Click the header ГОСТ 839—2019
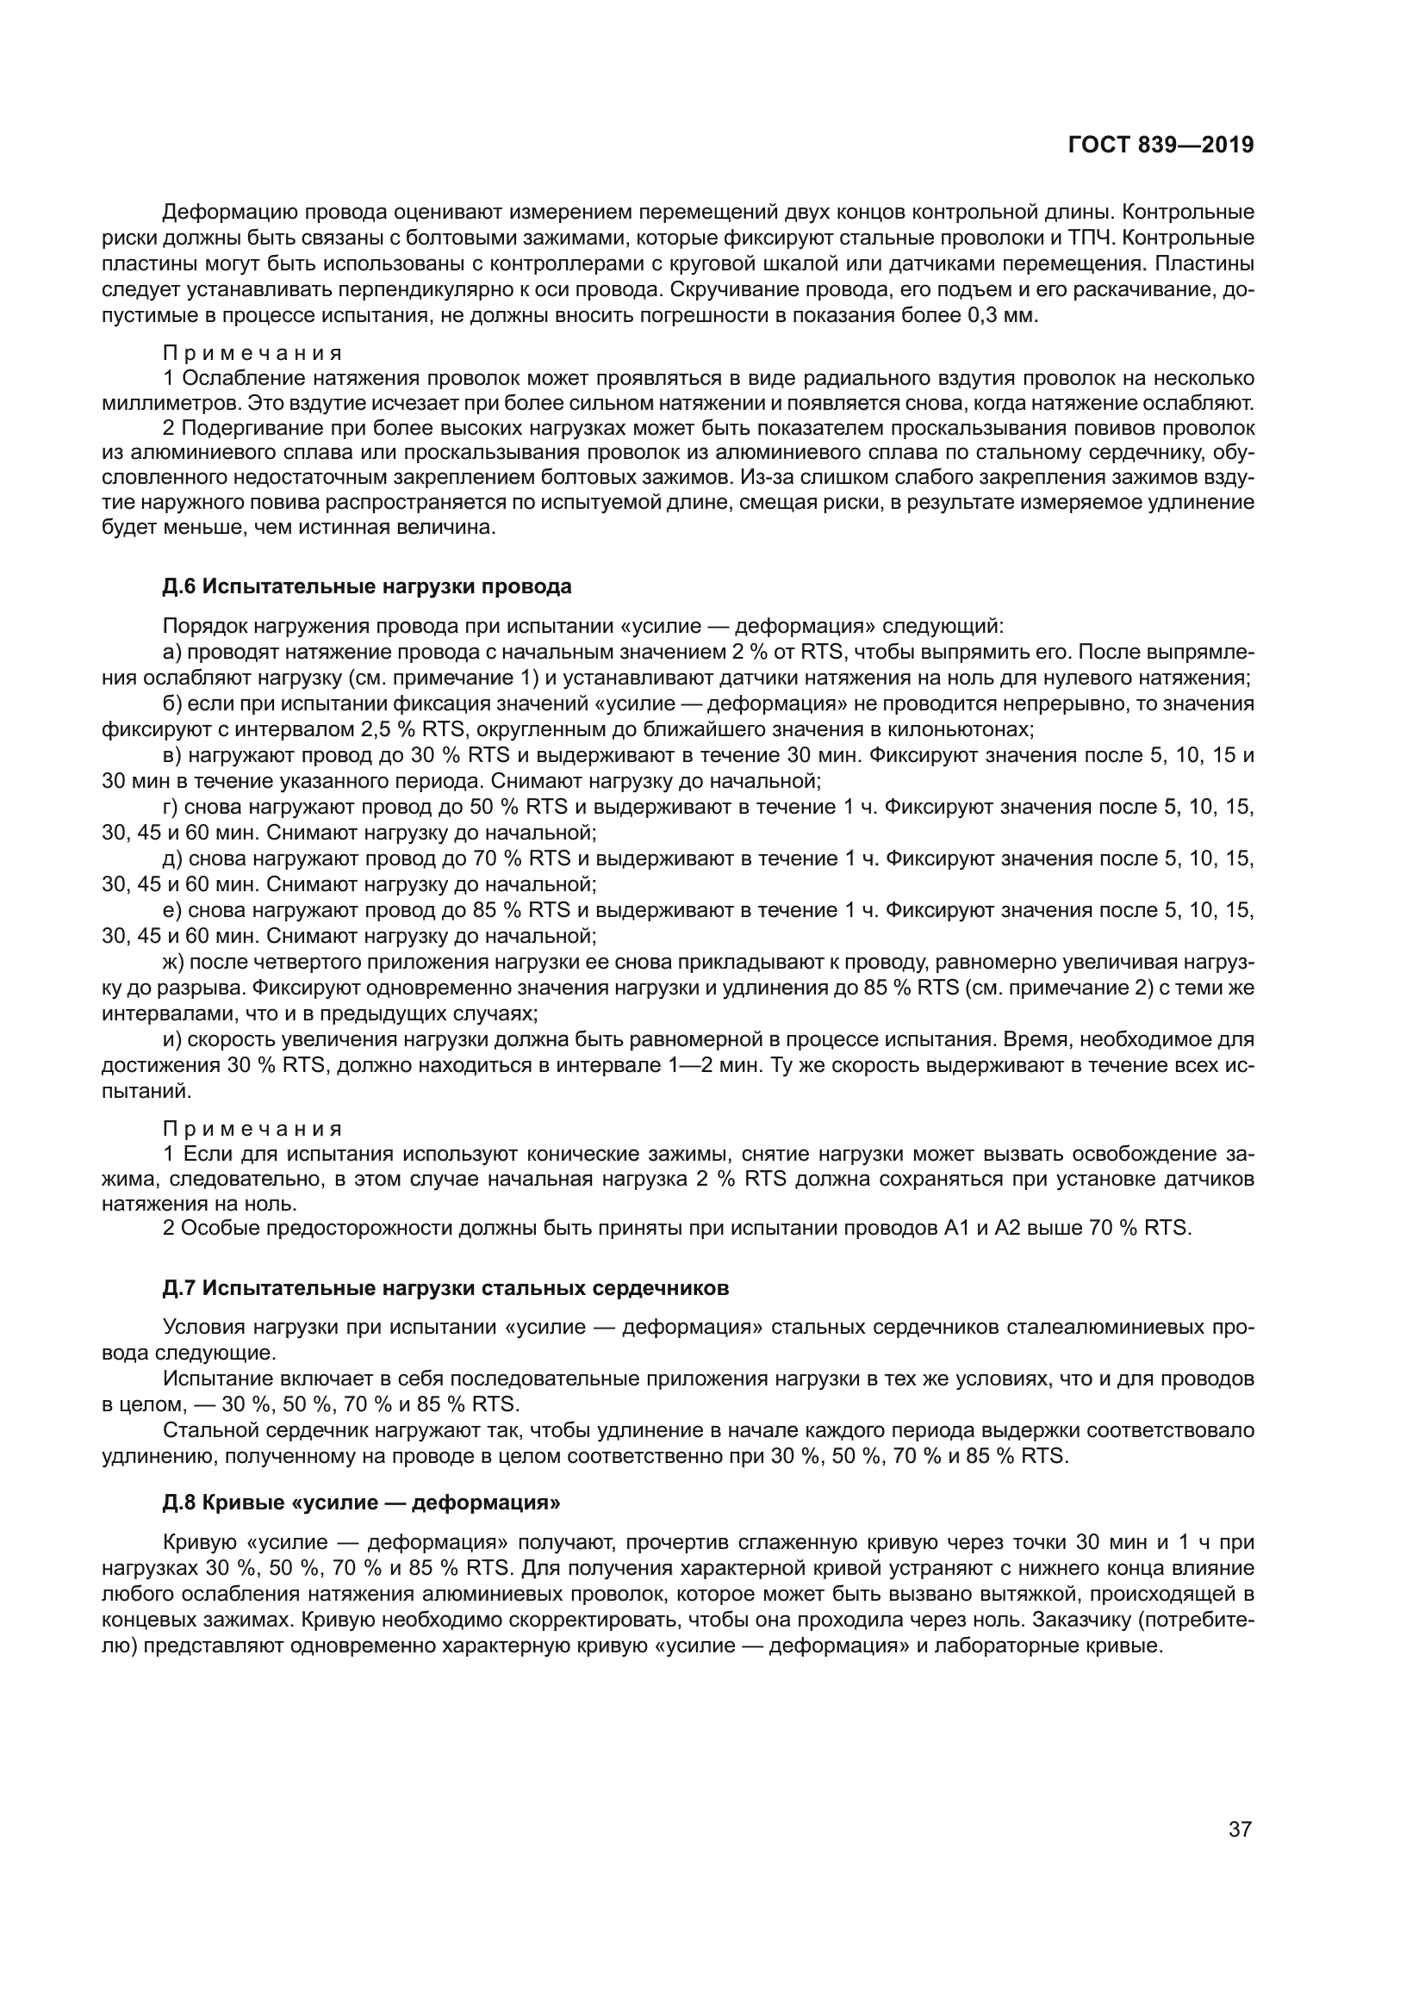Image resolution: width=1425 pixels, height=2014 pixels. (1160, 146)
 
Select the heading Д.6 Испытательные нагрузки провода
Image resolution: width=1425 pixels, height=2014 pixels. (367, 586)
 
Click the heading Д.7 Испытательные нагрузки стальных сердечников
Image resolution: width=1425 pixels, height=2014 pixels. (445, 1289)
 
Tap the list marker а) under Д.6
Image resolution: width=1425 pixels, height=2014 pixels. (172, 653)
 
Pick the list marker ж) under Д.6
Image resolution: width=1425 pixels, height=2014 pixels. (174, 963)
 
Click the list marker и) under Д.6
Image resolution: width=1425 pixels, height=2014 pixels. (172, 1040)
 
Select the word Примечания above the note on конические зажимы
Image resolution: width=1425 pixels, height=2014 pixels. (252, 1129)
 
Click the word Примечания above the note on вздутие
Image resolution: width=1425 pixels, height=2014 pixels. (252, 354)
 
